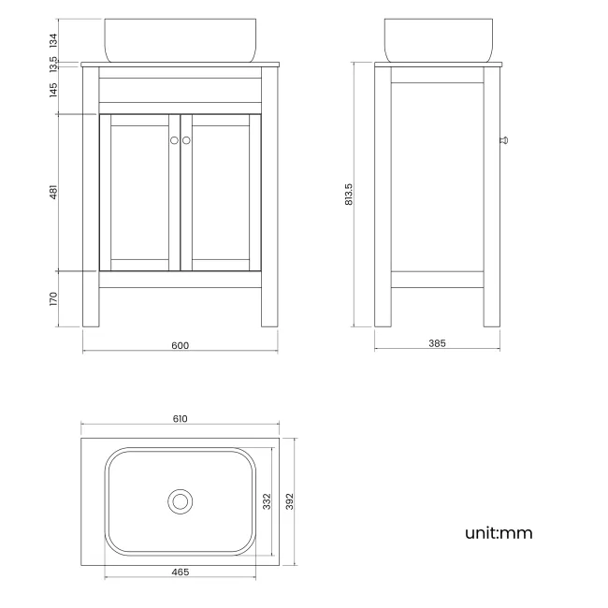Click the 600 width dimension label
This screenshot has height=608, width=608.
pos(180,345)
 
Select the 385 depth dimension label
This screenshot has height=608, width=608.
pos(437,343)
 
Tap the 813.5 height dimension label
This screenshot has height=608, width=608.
pos(349,195)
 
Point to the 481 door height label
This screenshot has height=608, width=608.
pos(53,192)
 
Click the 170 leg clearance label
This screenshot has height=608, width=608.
pos(53,298)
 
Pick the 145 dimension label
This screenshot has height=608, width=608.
pos(53,90)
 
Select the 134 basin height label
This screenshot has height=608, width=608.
pos(53,40)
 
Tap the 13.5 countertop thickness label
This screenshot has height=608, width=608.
pos(53,65)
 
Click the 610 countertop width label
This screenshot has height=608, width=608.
pos(180,419)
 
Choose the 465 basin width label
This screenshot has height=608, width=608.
pos(181,572)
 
